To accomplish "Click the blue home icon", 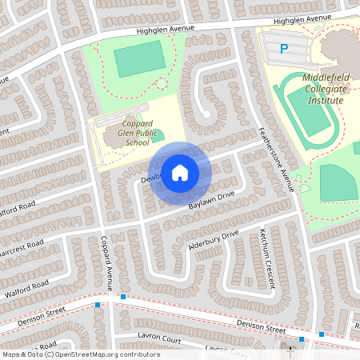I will [x=180, y=173].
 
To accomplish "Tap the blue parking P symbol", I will [x=283, y=49].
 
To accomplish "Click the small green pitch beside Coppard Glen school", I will [x=158, y=136].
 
